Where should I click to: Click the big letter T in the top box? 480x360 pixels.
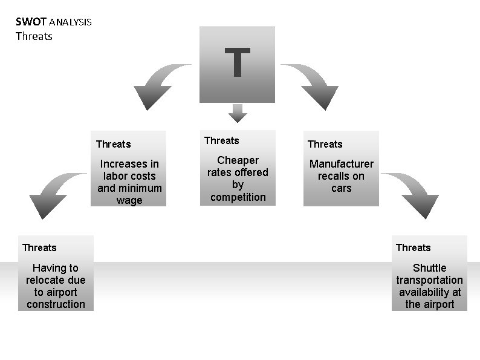click(x=238, y=62)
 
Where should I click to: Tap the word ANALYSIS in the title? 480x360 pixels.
click(x=70, y=23)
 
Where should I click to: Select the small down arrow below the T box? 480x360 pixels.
click(x=238, y=113)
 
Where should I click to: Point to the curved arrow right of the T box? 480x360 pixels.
click(x=315, y=85)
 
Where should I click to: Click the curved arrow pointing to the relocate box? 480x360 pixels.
click(x=52, y=194)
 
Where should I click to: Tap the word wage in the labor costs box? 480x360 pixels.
click(x=129, y=200)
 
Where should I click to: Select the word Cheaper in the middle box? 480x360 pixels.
click(x=238, y=160)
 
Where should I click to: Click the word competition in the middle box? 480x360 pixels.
click(x=238, y=197)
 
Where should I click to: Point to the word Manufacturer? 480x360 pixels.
click(x=342, y=164)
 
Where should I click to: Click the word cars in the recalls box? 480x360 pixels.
click(x=342, y=188)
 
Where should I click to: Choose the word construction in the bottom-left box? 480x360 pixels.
click(x=56, y=304)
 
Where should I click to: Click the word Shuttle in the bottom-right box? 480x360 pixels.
click(x=429, y=268)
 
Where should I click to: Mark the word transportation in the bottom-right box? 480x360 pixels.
click(x=429, y=280)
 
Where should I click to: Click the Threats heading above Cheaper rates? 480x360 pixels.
click(x=221, y=140)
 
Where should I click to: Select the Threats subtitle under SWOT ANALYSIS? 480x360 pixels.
click(x=34, y=36)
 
